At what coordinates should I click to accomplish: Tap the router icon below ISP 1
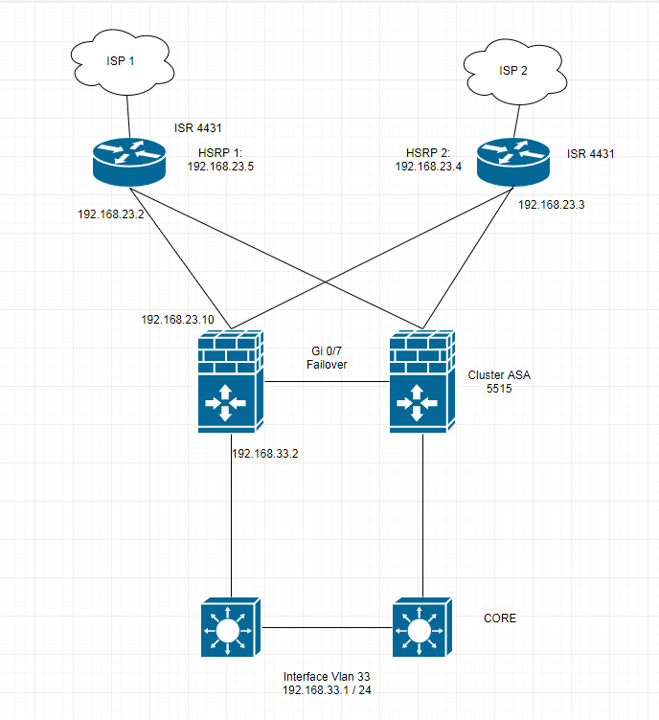128,162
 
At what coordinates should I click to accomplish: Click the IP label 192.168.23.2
110,214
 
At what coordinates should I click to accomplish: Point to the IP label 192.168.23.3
552,204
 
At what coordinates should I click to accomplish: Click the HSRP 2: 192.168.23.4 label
428,158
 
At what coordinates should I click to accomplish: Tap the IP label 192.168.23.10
177,319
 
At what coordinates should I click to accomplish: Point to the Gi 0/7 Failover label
326,358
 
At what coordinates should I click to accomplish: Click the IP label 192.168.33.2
265,454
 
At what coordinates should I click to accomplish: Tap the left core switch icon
229,629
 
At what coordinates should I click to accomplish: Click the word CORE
499,619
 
